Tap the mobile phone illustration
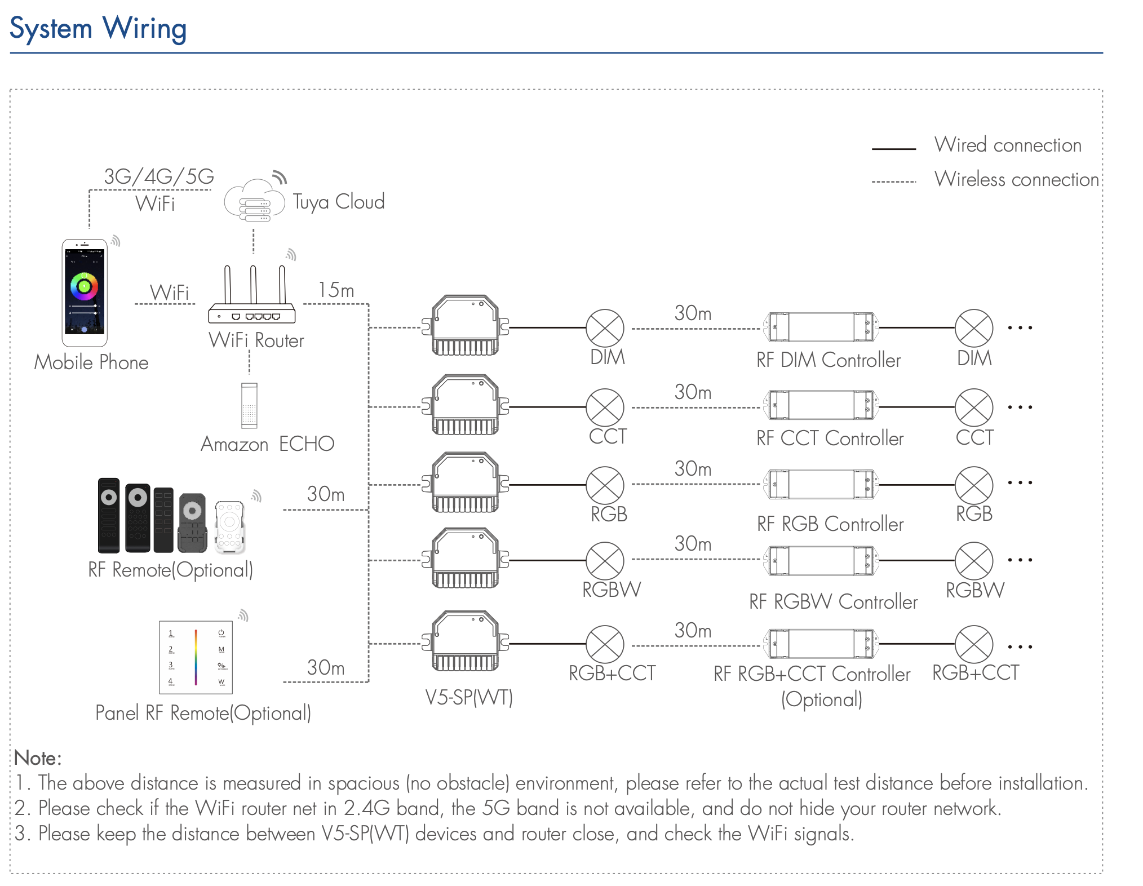pyautogui.click(x=85, y=293)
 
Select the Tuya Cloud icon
pyautogui.click(x=254, y=200)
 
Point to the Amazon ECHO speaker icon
pyautogui.click(x=249, y=405)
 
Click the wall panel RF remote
pyautogui.click(x=196, y=657)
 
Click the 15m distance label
pyautogui.click(x=336, y=290)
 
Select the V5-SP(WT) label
pyautogui.click(x=469, y=698)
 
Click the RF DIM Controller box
pyautogui.click(x=820, y=327)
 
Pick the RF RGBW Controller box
pyautogui.click(x=820, y=560)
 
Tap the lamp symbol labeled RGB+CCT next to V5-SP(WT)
pyautogui.click(x=605, y=644)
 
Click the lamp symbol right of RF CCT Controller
pyautogui.click(x=974, y=407)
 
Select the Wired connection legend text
pyautogui.click(x=1008, y=145)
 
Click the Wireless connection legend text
pyautogui.click(x=1017, y=180)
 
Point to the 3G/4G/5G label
pyautogui.click(x=159, y=177)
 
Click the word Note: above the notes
pyautogui.click(x=38, y=758)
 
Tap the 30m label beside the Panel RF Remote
pyautogui.click(x=325, y=668)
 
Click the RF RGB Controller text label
pyautogui.click(x=830, y=524)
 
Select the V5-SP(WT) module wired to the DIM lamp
pyautogui.click(x=466, y=326)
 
